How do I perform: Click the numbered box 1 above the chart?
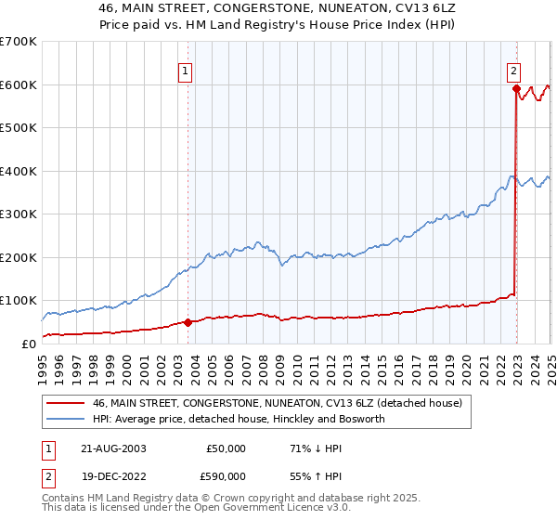click(186, 70)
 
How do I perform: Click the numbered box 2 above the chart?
click(513, 70)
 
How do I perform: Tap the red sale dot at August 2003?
click(188, 322)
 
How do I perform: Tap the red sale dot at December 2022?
click(515, 89)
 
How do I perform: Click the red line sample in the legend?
click(67, 402)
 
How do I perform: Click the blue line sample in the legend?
click(67, 419)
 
